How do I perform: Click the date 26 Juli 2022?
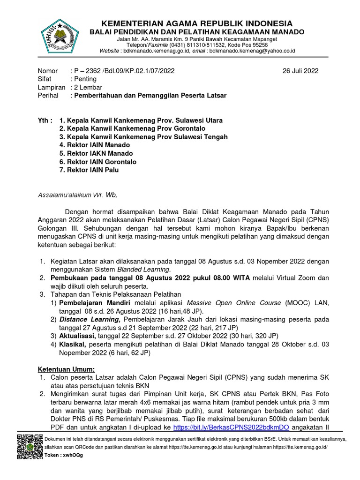pos(300,71)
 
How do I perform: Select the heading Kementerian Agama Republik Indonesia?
pos(197,23)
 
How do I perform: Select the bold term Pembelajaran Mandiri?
pos(92,303)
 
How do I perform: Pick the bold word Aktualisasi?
pos(77,336)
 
